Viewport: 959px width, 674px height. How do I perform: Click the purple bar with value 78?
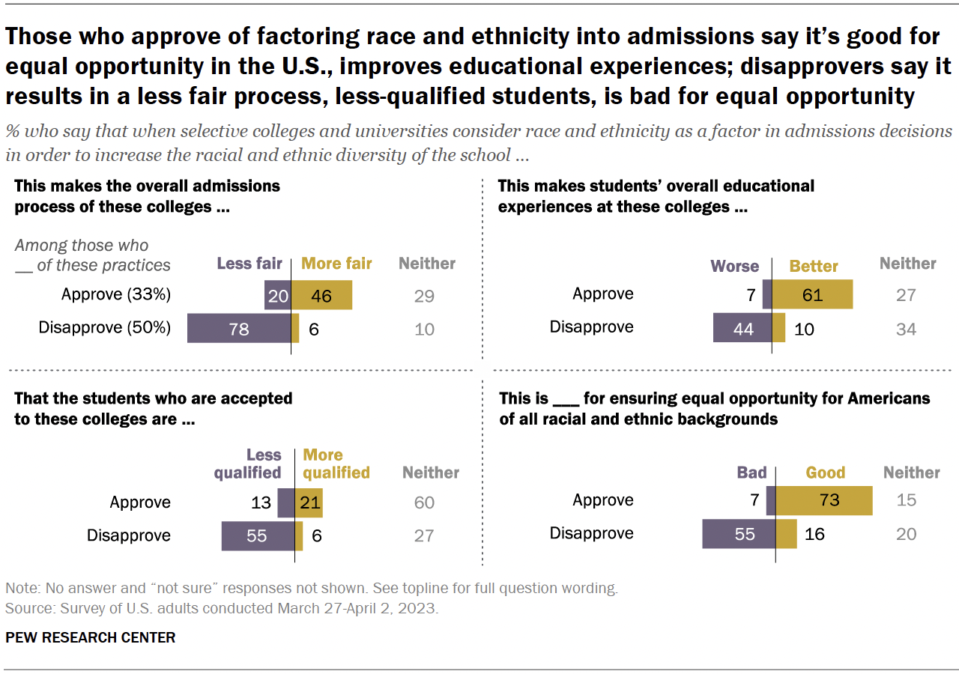[x=238, y=328]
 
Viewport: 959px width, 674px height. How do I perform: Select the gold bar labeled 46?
[x=321, y=295]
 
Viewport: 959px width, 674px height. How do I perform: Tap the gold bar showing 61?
[x=812, y=294]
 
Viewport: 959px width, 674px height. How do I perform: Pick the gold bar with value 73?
[x=824, y=500]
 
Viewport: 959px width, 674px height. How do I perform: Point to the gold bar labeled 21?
[x=309, y=503]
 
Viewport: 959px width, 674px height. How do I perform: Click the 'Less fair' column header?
[x=249, y=264]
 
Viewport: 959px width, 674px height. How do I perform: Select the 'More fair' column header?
[x=336, y=264]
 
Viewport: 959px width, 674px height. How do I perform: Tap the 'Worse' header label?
[x=734, y=267]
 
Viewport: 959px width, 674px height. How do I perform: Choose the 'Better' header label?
[x=814, y=267]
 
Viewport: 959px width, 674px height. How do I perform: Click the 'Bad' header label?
[x=751, y=473]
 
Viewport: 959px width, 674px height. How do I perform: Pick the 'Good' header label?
[x=825, y=473]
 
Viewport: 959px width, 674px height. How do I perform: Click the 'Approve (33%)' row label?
[x=116, y=295]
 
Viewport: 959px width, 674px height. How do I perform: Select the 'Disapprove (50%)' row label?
[x=105, y=328]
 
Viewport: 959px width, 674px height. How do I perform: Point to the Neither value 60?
[x=424, y=503]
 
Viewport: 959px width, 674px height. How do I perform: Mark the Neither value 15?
[x=906, y=500]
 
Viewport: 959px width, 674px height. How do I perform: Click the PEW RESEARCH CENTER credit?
[x=90, y=638]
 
